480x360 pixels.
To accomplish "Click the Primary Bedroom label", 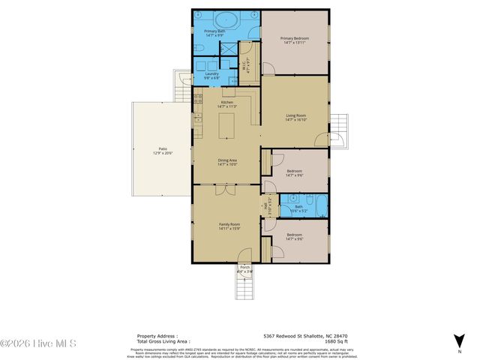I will tap(295, 38).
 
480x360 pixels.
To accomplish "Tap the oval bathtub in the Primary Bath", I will tap(226, 20).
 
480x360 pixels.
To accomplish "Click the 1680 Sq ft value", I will tap(334, 341).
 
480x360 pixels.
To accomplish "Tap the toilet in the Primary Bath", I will tap(199, 49).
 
